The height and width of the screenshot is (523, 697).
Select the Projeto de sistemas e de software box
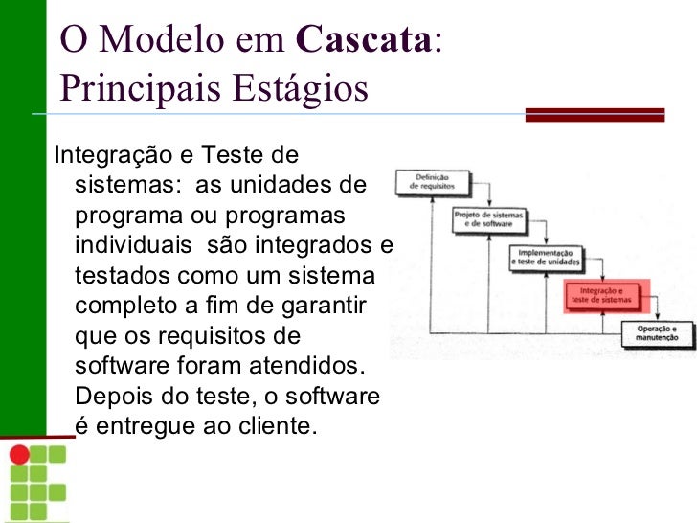click(x=488, y=220)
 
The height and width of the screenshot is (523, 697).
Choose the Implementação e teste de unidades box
click(x=546, y=256)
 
